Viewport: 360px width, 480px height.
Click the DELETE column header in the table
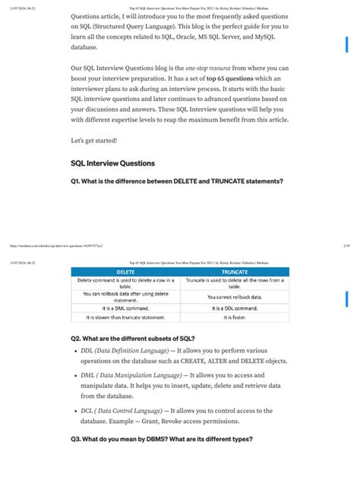click(x=125, y=270)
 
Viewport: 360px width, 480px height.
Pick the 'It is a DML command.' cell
click(x=125, y=308)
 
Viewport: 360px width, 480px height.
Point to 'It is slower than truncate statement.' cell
click(x=125, y=317)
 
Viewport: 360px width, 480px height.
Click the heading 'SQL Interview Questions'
click(x=112, y=163)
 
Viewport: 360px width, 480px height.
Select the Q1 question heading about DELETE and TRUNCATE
click(x=177, y=181)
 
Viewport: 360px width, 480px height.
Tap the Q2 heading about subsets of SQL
click(x=132, y=338)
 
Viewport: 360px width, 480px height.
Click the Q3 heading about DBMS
click(x=161, y=440)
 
